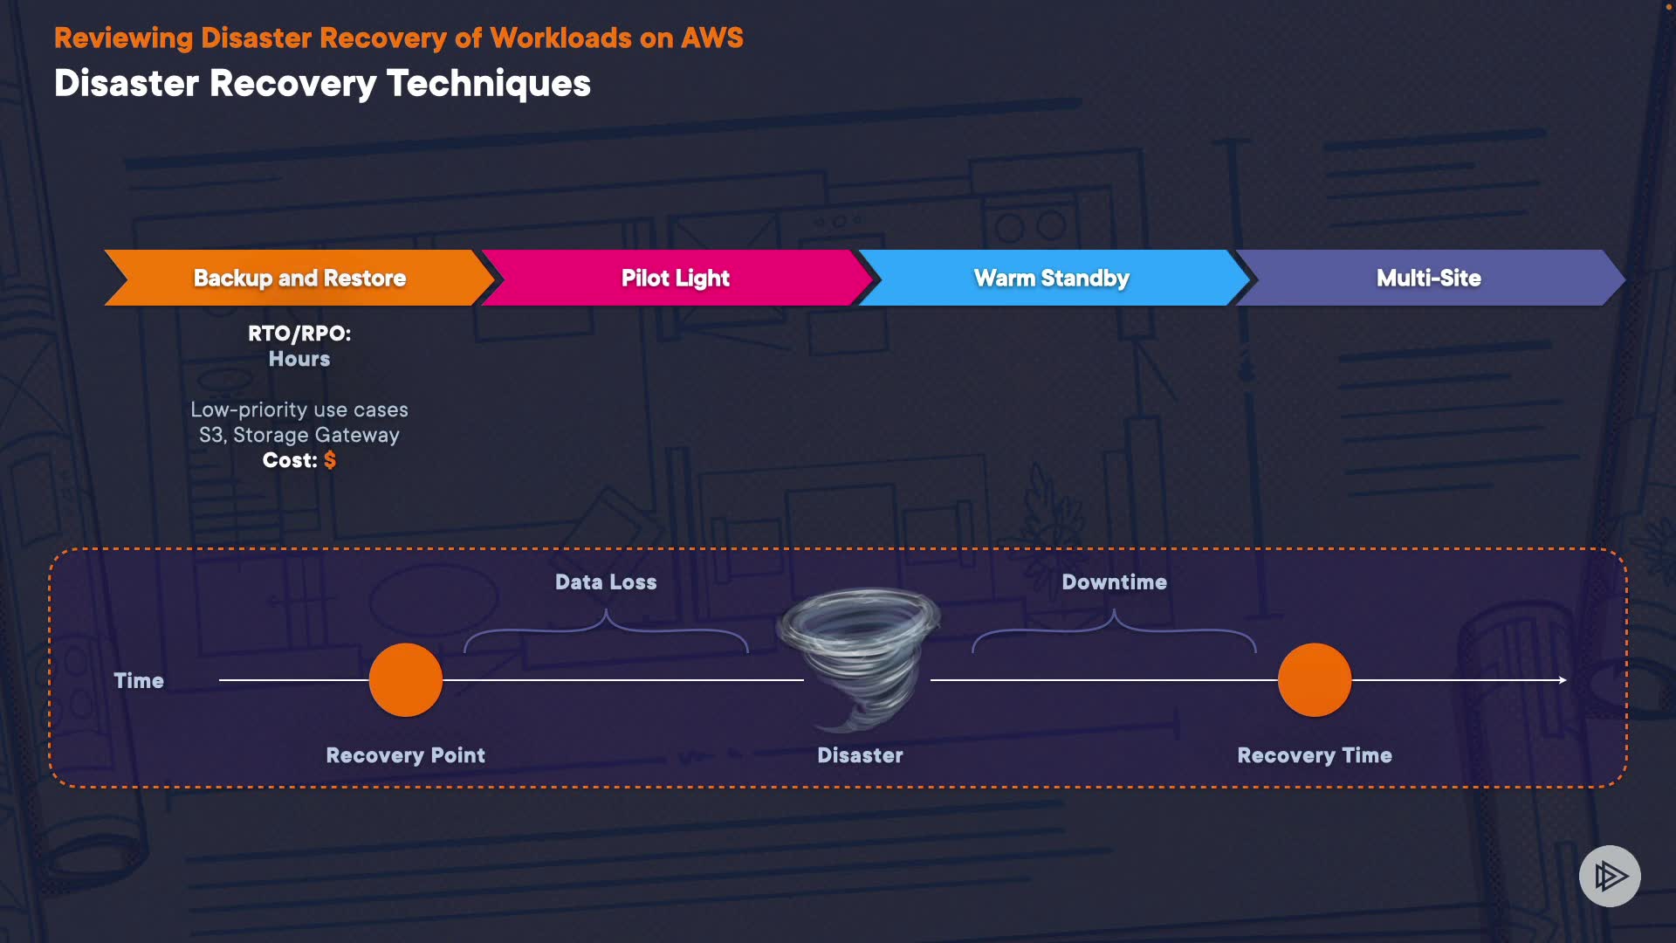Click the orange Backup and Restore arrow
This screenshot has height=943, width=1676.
(x=299, y=278)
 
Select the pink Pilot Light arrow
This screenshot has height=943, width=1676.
(x=676, y=278)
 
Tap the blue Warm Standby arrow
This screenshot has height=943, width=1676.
(x=1052, y=278)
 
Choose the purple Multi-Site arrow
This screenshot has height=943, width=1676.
(x=1429, y=278)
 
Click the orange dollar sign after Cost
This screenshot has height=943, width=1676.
(x=330, y=460)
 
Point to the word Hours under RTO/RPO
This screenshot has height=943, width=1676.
(x=299, y=359)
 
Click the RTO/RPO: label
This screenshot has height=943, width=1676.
(x=299, y=334)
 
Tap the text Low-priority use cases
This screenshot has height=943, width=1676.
(x=299, y=410)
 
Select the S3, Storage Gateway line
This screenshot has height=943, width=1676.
(x=299, y=435)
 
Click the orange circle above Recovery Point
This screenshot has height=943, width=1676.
(x=406, y=680)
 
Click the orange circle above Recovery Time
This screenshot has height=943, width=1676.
(x=1315, y=680)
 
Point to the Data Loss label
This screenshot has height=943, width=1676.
(x=606, y=582)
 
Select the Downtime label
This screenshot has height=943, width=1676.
(x=1114, y=582)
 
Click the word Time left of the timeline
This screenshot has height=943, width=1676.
(x=139, y=681)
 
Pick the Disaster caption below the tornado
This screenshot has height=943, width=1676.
(x=860, y=755)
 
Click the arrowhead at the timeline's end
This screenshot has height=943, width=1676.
(x=1563, y=680)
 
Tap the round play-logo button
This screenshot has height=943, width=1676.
(x=1610, y=876)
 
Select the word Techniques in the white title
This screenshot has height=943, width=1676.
(x=489, y=84)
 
